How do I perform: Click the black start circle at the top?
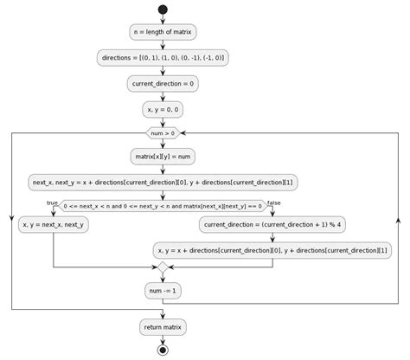[x=163, y=10]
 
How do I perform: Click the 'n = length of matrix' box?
[x=163, y=33]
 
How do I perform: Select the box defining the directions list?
[x=163, y=58]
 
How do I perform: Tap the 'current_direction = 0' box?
[x=163, y=84]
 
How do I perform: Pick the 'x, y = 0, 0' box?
[x=163, y=109]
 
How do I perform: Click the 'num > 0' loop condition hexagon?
[x=163, y=133]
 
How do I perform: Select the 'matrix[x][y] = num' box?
[x=163, y=157]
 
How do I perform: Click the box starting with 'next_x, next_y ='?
[x=163, y=182]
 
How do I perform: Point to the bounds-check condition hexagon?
[x=163, y=205]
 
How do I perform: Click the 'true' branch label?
[x=52, y=202]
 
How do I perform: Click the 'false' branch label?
[x=274, y=202]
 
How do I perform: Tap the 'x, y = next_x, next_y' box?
[x=54, y=224]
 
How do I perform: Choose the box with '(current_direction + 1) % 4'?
[x=272, y=224]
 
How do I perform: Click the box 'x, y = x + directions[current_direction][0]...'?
[x=272, y=250]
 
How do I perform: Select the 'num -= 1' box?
[x=163, y=292]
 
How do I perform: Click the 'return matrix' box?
[x=163, y=327]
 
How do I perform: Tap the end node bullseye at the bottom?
[x=163, y=350]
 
